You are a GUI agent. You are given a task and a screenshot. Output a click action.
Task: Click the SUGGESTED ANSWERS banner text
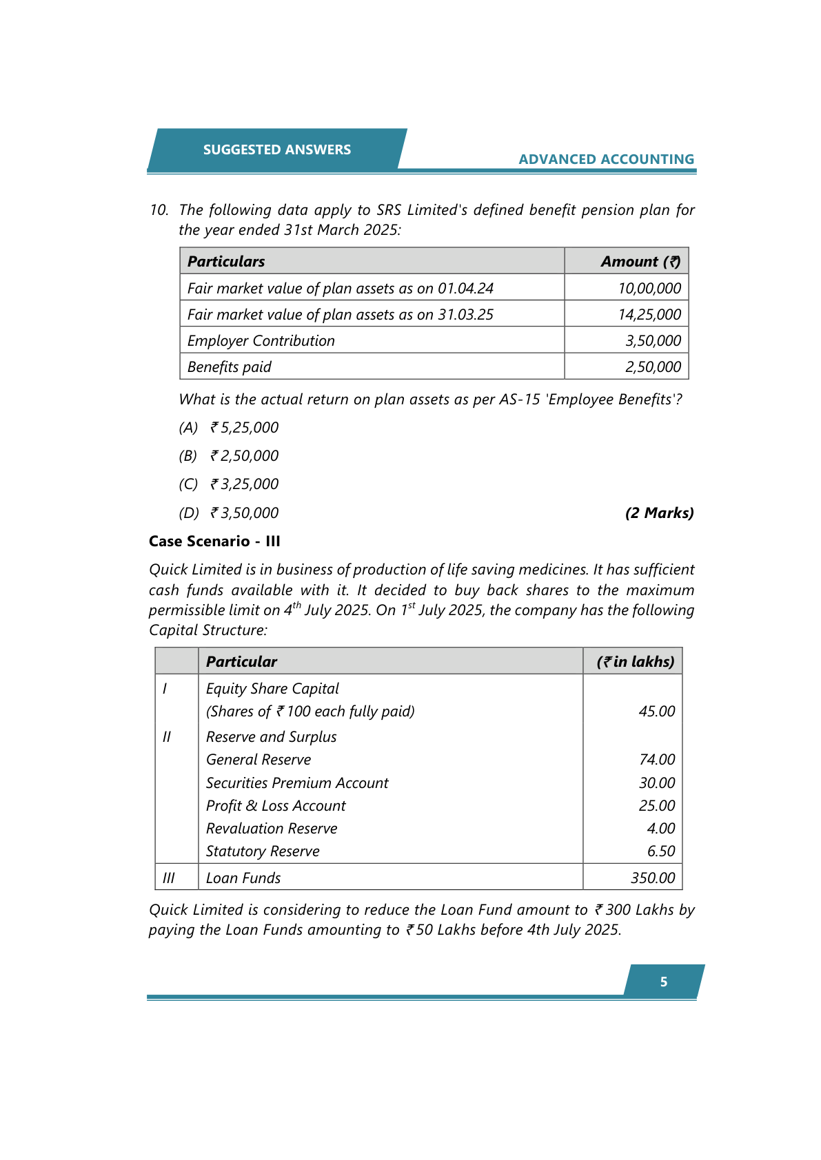click(x=276, y=149)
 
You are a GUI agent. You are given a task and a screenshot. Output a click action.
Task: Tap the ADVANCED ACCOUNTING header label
click(x=606, y=159)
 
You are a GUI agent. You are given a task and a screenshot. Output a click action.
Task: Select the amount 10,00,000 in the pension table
click(x=649, y=288)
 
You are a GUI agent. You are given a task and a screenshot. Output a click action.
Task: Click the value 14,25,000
click(x=649, y=314)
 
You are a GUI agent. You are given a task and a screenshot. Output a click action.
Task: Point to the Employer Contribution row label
click(x=261, y=340)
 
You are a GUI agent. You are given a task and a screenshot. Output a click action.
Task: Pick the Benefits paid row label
click(x=230, y=366)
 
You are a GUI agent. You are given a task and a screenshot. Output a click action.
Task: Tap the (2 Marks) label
click(x=659, y=512)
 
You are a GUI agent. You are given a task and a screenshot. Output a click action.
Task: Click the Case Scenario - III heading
click(x=214, y=541)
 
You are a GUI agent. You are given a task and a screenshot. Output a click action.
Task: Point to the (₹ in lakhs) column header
click(x=635, y=661)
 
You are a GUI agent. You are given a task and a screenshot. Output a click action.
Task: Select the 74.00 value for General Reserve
click(x=657, y=759)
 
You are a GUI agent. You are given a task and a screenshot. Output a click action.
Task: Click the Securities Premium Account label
click(x=297, y=783)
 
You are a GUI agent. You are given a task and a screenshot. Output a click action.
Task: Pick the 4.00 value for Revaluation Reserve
click(x=660, y=828)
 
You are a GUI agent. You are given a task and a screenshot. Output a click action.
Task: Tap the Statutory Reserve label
click(x=263, y=851)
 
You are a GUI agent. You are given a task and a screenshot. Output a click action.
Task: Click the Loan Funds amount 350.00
click(x=653, y=878)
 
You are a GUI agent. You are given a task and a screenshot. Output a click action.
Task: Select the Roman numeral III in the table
click(x=168, y=878)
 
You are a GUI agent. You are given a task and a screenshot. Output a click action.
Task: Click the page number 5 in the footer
click(x=663, y=982)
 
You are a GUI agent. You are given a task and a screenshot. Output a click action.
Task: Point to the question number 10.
click(x=159, y=209)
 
